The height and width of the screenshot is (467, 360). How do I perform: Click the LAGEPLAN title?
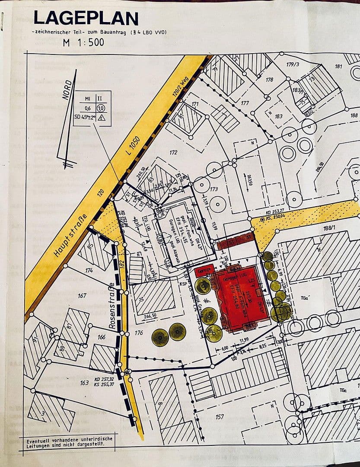click(86, 18)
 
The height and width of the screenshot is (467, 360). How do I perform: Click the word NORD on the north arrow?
click(67, 90)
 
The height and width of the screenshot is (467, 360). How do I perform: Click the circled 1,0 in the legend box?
click(101, 108)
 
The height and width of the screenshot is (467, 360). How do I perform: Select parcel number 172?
click(173, 153)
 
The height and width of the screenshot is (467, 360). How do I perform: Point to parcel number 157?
click(220, 417)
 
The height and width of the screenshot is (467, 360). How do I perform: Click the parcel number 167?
click(82, 297)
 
